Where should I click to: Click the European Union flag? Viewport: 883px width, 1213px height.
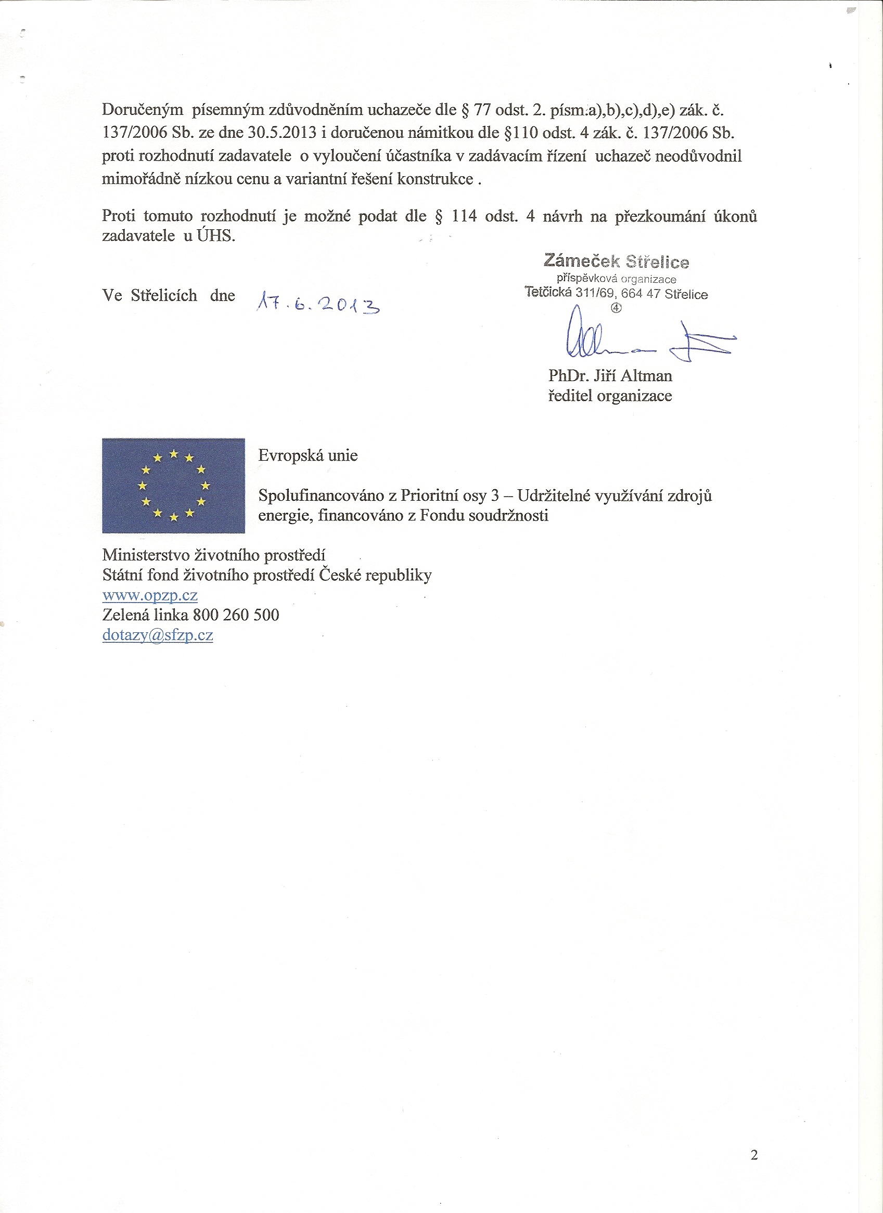173,486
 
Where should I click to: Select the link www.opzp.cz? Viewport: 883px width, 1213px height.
150,595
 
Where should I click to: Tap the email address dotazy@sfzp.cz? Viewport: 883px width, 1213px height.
157,635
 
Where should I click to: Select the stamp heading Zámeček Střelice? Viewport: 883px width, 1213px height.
616,261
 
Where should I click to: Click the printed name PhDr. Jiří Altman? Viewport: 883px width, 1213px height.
609,375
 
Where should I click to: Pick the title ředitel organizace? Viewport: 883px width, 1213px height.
609,396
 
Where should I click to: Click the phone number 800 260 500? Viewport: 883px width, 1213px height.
236,615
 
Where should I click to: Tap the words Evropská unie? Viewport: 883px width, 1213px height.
308,455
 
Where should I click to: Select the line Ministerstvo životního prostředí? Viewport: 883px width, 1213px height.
213,555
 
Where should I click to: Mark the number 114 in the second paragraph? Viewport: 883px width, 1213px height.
464,216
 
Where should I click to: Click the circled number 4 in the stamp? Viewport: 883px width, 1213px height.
616,308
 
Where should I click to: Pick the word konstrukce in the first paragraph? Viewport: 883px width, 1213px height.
434,179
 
